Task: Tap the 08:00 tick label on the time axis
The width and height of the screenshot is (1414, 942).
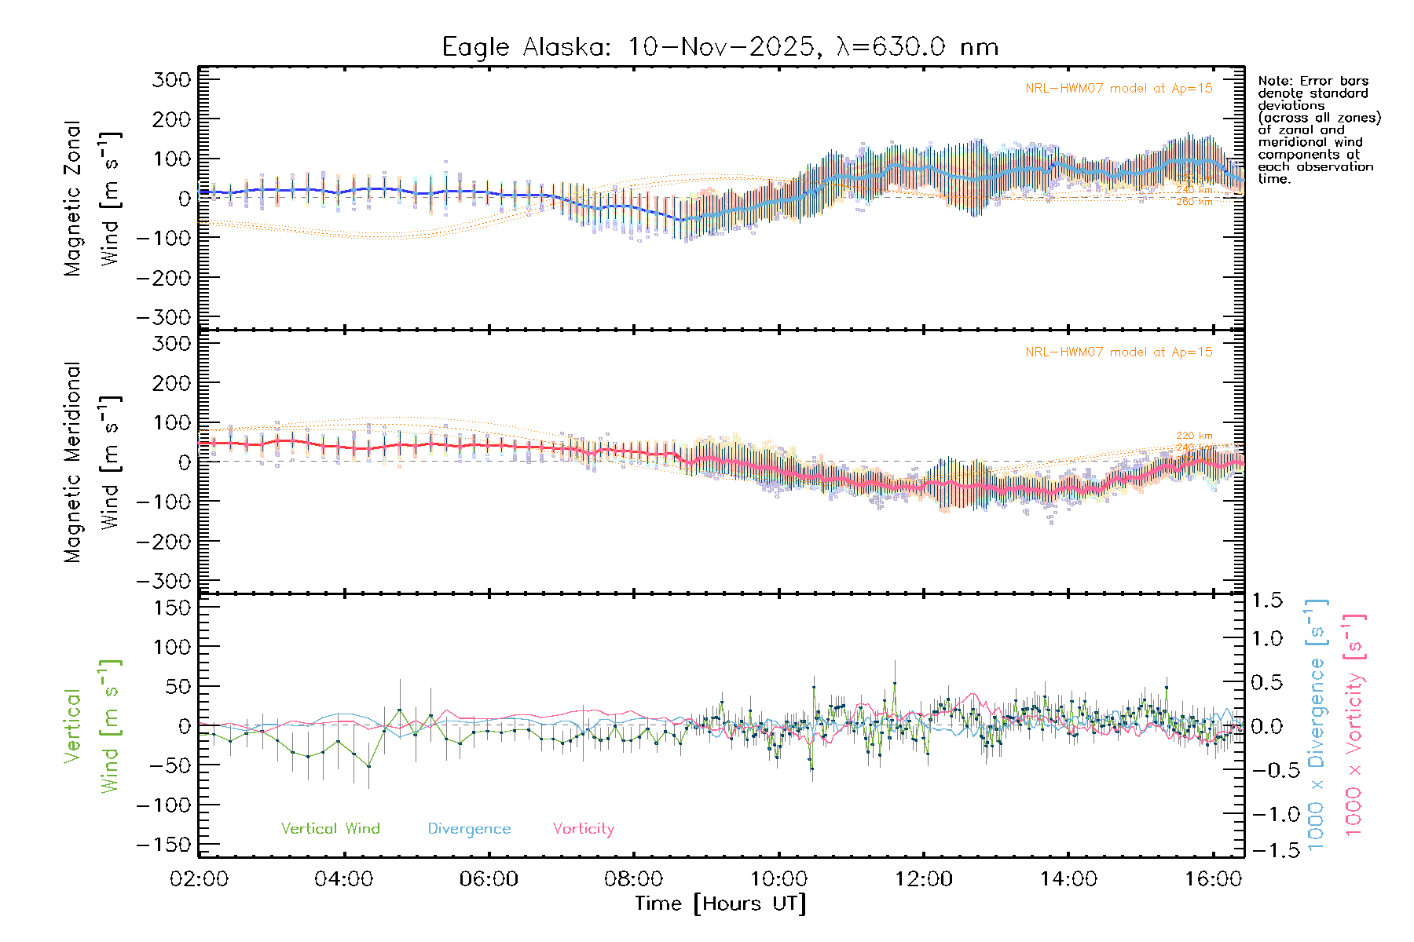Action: click(633, 879)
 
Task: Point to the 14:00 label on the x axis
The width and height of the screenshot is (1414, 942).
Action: click(1068, 879)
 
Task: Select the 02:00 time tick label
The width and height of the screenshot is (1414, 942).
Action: click(199, 879)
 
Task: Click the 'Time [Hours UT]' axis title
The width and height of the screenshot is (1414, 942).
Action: click(720, 904)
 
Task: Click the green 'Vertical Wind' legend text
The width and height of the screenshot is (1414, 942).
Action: click(330, 829)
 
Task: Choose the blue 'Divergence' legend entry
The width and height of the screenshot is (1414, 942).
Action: click(469, 829)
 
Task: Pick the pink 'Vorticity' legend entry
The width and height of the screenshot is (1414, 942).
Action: click(583, 829)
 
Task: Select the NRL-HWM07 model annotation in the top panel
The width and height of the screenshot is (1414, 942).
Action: click(1119, 89)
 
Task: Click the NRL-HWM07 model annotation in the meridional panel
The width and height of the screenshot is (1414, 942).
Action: click(1119, 352)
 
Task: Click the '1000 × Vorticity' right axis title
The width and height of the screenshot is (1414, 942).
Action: click(1354, 725)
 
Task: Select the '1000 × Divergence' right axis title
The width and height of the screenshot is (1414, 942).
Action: click(1316, 725)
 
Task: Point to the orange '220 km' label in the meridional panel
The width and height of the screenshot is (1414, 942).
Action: click(1194, 436)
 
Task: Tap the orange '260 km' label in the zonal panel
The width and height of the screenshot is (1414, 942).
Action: click(1194, 203)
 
